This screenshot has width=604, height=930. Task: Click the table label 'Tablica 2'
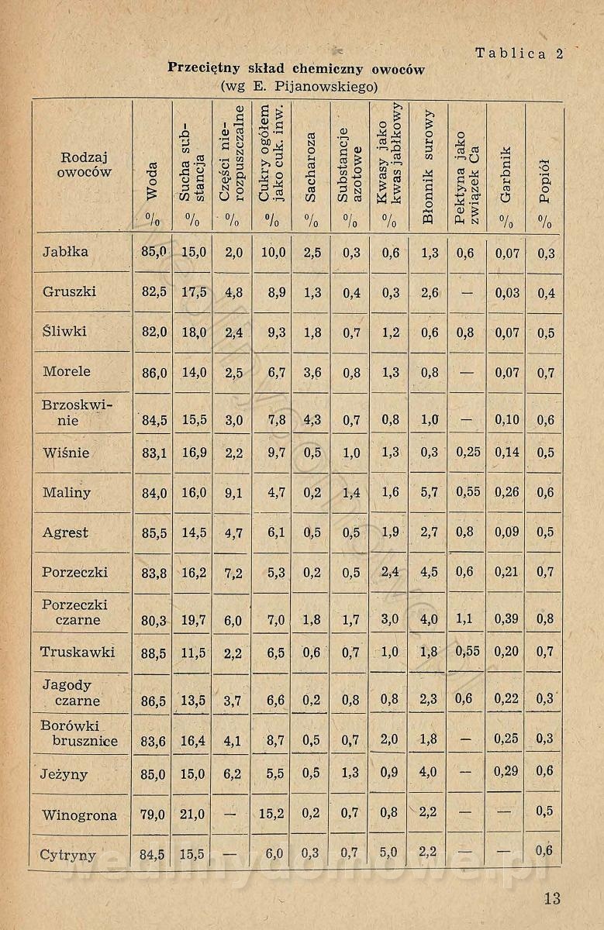(x=519, y=53)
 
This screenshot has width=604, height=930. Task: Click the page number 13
(x=551, y=898)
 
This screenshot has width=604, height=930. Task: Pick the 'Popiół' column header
(x=545, y=179)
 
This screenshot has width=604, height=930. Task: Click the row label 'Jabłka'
(x=65, y=252)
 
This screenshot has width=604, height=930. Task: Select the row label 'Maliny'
(x=67, y=492)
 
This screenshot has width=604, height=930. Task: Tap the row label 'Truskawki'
(x=78, y=653)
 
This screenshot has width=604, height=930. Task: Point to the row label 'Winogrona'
(x=79, y=815)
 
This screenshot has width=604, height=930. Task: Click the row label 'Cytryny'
(x=68, y=856)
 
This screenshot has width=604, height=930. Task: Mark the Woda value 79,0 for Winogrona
(x=152, y=815)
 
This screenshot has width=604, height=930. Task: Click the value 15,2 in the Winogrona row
(x=271, y=815)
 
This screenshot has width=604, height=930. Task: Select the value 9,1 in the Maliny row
(x=233, y=493)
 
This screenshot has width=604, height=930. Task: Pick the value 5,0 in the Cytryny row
(x=389, y=853)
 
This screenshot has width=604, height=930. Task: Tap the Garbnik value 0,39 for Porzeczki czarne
(x=506, y=619)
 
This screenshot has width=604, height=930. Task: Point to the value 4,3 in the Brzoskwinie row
(x=311, y=421)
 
